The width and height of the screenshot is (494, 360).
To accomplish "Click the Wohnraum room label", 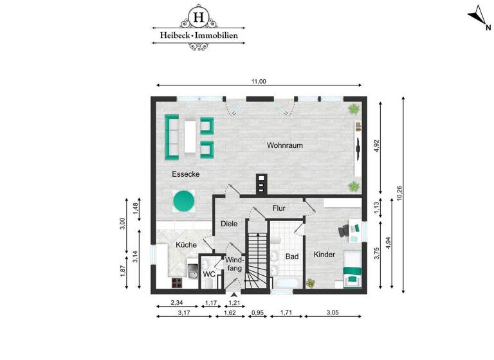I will point(284,145).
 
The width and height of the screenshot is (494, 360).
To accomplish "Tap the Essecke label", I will point(185,174).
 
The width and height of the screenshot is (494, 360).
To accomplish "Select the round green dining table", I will point(184,201).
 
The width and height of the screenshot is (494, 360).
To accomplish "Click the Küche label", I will point(186,245).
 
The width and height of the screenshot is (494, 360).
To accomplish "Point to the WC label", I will point(208,274).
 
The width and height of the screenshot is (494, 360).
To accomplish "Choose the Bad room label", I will point(292,256).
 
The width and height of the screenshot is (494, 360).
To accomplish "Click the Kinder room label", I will point(324,255).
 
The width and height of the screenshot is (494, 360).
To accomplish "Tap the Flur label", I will point(279,208).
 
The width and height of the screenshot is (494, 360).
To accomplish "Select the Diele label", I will point(229,224).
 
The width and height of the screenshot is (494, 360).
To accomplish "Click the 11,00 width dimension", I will point(259,81).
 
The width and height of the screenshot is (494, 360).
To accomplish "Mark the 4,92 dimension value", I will point(377,146).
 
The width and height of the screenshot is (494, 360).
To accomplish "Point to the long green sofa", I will point(172,137).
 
